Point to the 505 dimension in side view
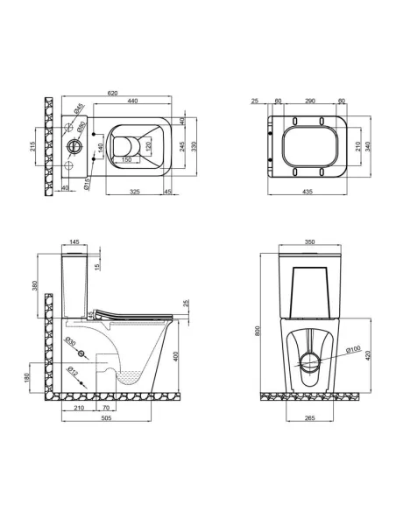(x=104, y=419)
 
